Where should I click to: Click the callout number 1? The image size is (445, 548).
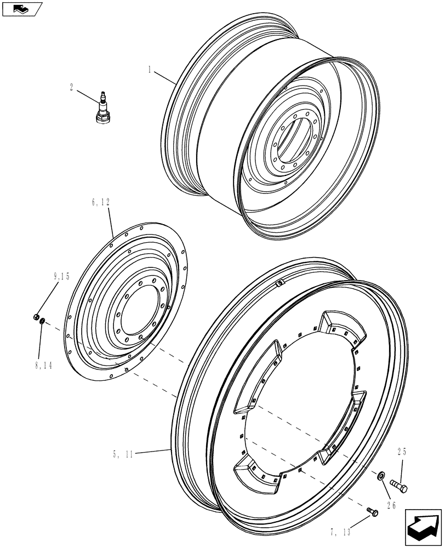[149, 70]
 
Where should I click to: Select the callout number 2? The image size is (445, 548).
[72, 86]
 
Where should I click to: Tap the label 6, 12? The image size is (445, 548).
[101, 202]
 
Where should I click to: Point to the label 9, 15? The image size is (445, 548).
[62, 277]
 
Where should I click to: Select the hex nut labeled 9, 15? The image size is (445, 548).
[35, 317]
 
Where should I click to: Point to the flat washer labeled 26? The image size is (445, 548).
[379, 475]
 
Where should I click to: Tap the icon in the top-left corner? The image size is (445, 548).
[21, 9]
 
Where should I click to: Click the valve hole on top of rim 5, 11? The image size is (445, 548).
[279, 283]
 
